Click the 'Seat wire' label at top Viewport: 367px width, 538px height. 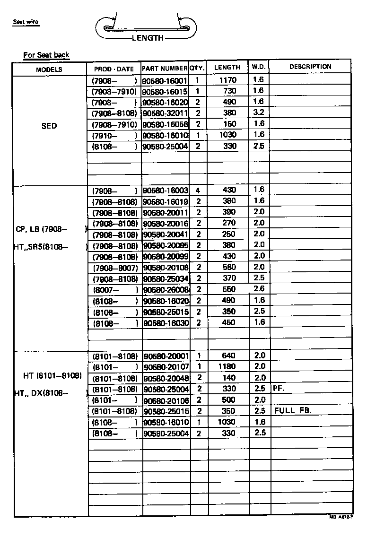(x=26, y=22)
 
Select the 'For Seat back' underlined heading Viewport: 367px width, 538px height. (x=46, y=55)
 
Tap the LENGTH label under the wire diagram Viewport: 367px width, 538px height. (x=148, y=38)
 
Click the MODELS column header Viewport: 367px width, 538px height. (x=49, y=69)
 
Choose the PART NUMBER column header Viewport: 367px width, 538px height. (x=165, y=69)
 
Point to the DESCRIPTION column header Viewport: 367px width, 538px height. (x=310, y=67)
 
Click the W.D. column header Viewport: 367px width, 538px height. (x=258, y=67)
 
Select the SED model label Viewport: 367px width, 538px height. (x=49, y=126)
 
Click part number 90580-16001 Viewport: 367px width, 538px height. (x=165, y=81)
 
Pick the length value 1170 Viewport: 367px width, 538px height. (x=228, y=80)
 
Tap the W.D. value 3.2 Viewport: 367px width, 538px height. (x=259, y=113)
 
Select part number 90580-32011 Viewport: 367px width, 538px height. (x=165, y=113)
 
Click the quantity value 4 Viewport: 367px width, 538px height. (x=198, y=191)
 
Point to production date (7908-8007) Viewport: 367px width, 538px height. (x=115, y=268)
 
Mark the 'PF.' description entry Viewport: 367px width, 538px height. (x=279, y=389)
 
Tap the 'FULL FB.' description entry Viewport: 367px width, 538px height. (x=293, y=410)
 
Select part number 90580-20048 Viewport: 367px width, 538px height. (x=166, y=378)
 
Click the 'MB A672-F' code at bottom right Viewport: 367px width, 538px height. (x=341, y=518)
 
